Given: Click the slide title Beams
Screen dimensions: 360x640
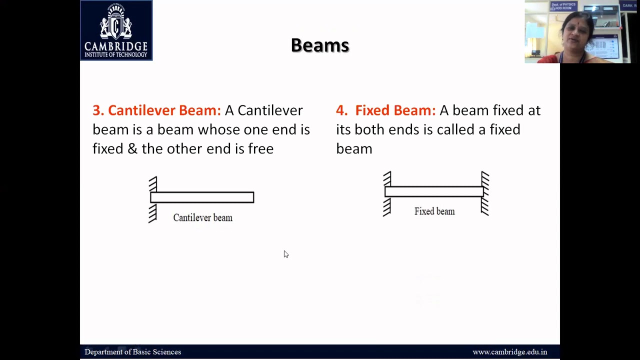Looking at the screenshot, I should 319,45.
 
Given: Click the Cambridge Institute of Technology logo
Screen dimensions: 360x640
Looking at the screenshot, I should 116,30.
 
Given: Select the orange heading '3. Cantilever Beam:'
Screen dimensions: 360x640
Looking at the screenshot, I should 156,110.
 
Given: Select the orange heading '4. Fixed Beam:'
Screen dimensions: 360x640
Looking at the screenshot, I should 385,110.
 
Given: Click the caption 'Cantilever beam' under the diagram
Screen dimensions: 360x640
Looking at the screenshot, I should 202,218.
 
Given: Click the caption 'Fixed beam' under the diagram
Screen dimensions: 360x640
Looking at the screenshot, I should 434,211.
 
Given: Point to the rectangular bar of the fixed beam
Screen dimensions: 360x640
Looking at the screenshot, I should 434,191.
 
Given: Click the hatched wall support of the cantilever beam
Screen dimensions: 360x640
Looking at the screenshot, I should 152,199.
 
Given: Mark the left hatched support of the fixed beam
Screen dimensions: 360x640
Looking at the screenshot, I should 387,194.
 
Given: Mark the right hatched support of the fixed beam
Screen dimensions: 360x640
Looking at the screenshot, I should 485,194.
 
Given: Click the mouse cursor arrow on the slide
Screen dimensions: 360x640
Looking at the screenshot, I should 285,254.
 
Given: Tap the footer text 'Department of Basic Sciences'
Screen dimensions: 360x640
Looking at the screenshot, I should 132,352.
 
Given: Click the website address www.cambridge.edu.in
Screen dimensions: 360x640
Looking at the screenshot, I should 509,352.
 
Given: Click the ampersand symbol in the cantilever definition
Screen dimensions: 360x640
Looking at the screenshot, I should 132,149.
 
